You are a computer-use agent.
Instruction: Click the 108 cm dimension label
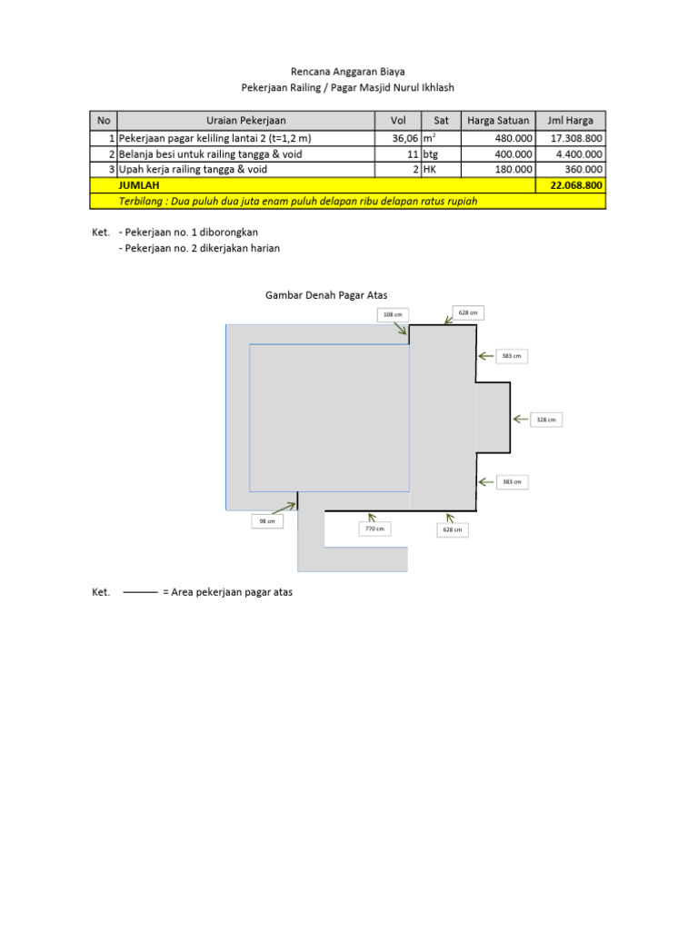(x=393, y=314)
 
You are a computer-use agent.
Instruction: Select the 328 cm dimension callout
(x=546, y=419)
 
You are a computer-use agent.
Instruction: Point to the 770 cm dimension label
(x=374, y=528)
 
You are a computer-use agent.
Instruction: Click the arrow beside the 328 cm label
(x=521, y=419)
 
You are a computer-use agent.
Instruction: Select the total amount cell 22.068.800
(x=571, y=185)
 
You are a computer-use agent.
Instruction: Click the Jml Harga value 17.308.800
(x=571, y=139)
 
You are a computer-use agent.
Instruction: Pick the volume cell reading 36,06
(x=399, y=139)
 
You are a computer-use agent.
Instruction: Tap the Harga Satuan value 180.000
(x=498, y=169)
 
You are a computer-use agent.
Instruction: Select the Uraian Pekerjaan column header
(x=246, y=121)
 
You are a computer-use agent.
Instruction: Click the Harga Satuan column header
(x=498, y=121)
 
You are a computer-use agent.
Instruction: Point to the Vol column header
(x=398, y=121)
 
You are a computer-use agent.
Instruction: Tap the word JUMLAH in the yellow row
(x=139, y=185)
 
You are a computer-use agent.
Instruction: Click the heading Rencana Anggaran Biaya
(x=348, y=71)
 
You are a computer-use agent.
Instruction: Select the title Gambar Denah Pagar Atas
(x=326, y=295)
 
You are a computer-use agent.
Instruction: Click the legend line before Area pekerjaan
(x=140, y=592)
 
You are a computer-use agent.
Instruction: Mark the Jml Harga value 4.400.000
(x=571, y=154)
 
